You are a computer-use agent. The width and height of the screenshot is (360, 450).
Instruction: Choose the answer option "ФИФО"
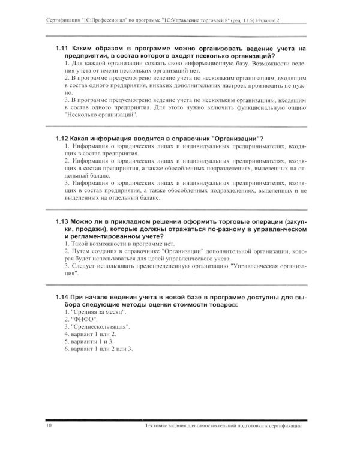83,319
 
